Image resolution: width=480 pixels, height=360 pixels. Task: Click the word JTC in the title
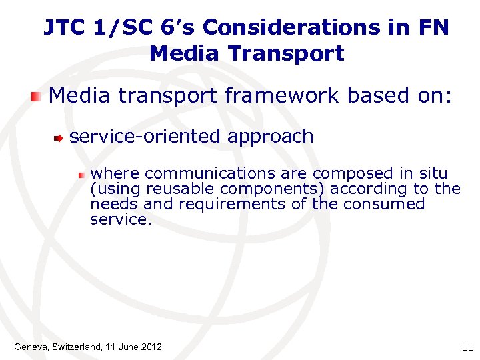pos(63,27)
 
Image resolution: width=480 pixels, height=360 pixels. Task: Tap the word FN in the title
pos(435,27)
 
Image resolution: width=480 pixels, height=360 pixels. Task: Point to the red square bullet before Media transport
pos(37,97)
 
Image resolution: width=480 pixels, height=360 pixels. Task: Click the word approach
pos(270,137)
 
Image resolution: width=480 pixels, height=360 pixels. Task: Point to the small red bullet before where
pos(81,175)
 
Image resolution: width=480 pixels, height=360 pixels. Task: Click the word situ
pos(432,174)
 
